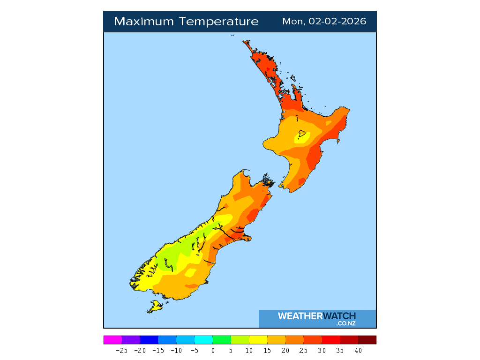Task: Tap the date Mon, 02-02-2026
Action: coord(324,22)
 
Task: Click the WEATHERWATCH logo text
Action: coord(316,316)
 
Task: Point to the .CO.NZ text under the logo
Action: coord(346,323)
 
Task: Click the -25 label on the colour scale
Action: coord(122,350)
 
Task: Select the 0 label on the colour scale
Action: coord(213,350)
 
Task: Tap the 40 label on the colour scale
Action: coord(358,350)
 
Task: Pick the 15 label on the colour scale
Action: coord(267,350)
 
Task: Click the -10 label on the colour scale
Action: coord(176,350)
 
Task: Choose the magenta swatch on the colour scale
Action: coord(112,340)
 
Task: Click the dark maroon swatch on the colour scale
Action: coord(367,340)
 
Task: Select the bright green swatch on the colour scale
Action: coord(222,340)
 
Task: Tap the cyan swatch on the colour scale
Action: coord(203,340)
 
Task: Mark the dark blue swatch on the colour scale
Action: coord(149,340)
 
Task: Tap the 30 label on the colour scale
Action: coord(322,350)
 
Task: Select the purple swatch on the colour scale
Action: coord(131,340)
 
